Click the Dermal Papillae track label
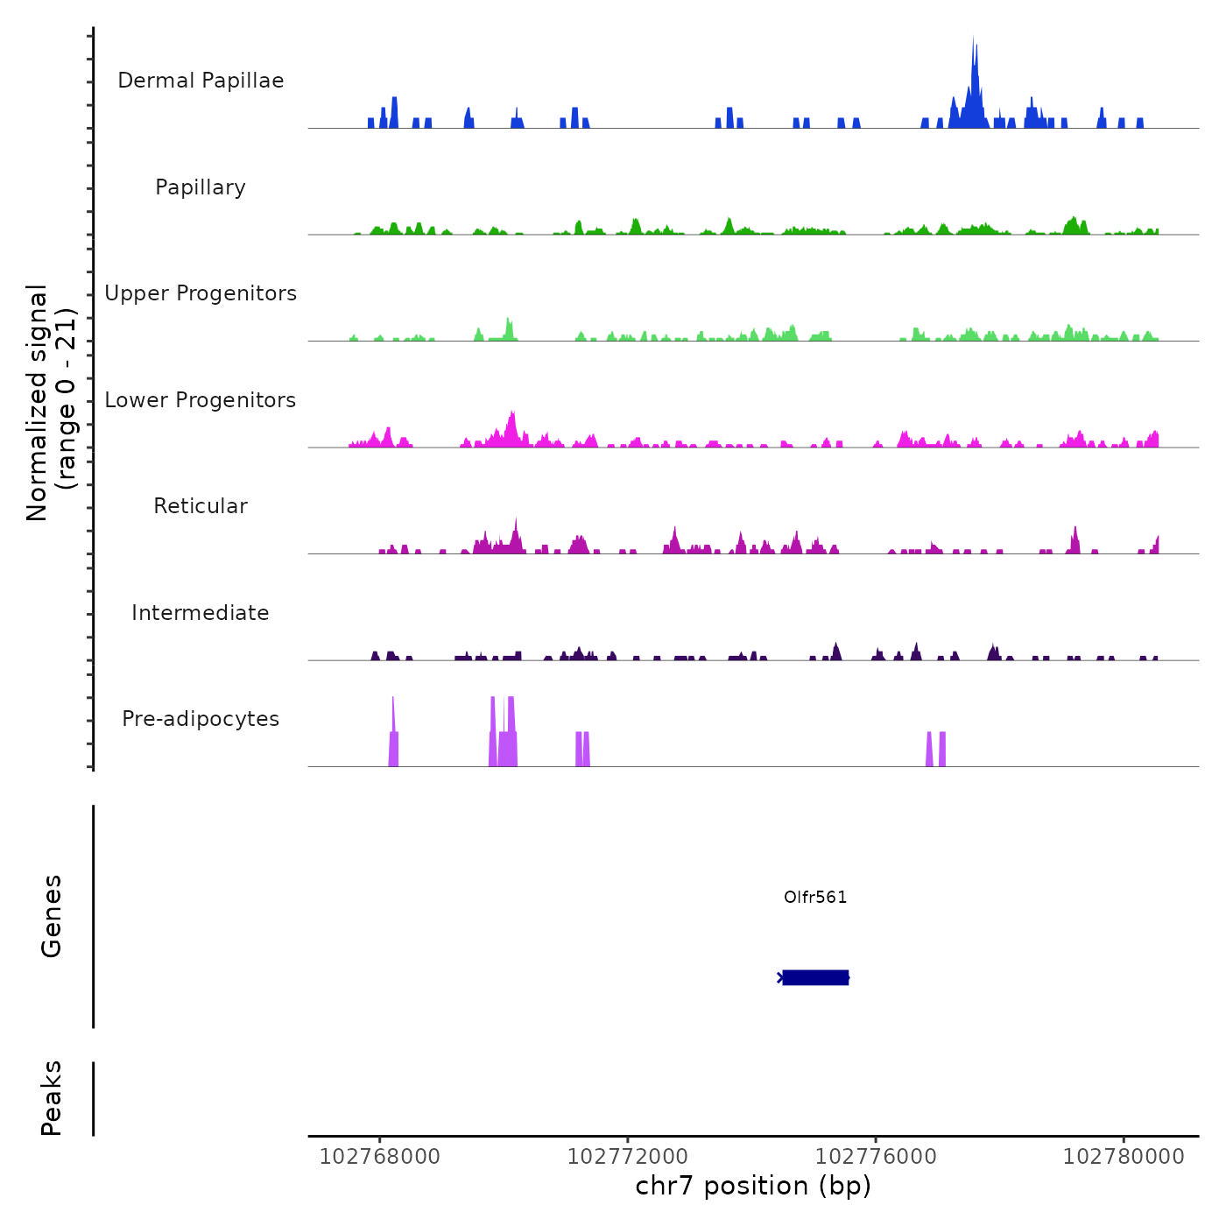pyautogui.click(x=201, y=81)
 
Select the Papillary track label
pyautogui.click(x=201, y=187)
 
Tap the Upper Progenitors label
pyautogui.click(x=201, y=293)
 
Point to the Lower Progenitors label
pyautogui.click(x=201, y=400)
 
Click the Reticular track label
pyautogui.click(x=201, y=506)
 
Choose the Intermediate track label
pyautogui.click(x=201, y=613)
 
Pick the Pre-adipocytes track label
pyautogui.click(x=201, y=719)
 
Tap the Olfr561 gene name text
pyautogui.click(x=815, y=897)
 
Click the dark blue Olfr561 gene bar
pyautogui.click(x=815, y=977)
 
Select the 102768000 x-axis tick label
pyautogui.click(x=380, y=1157)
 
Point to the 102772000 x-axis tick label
pyautogui.click(x=628, y=1157)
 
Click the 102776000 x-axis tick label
pyautogui.click(x=876, y=1157)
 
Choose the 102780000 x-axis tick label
pyautogui.click(x=1124, y=1157)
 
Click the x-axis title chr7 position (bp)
pyautogui.click(x=753, y=1186)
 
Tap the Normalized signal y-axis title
pyautogui.click(x=51, y=402)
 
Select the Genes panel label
pyautogui.click(x=52, y=916)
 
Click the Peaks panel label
pyautogui.click(x=52, y=1098)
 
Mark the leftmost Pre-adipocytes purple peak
pyautogui.click(x=393, y=736)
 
